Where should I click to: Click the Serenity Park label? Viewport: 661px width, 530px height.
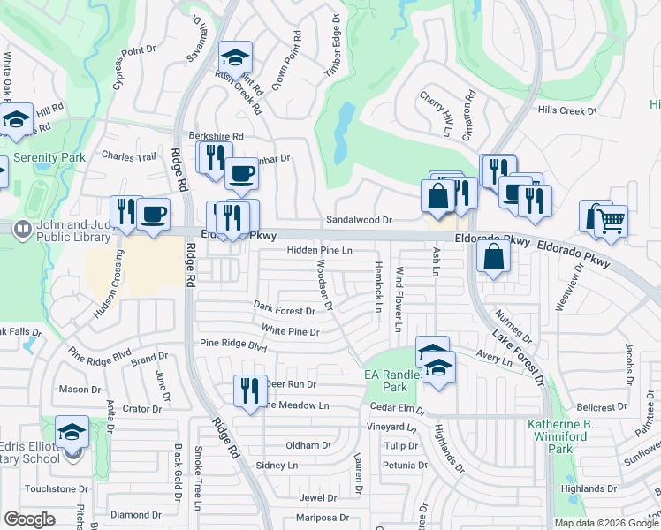coord(49,157)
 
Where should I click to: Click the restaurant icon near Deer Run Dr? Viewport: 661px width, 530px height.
coord(249,390)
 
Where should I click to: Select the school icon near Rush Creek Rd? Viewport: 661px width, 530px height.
coord(236,57)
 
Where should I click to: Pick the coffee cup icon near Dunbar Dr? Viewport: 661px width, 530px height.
coord(241,173)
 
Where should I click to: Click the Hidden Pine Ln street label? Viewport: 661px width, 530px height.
coord(319,251)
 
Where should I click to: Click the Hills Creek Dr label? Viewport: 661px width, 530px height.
coord(567,110)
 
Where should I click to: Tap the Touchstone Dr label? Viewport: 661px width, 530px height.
coord(50,488)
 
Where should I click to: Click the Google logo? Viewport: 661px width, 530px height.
coord(29,519)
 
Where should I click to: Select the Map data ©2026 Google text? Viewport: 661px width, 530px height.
coord(606,523)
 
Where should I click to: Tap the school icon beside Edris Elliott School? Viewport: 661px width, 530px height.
coord(72,432)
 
